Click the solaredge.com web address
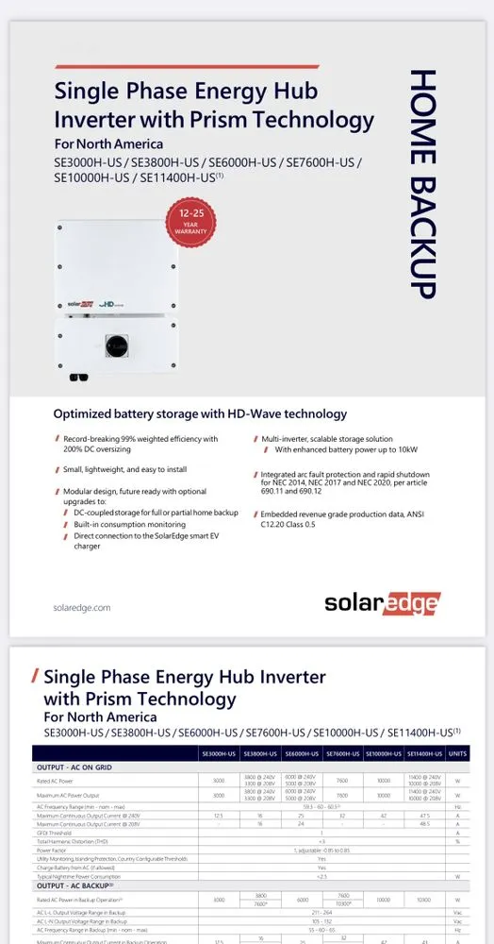82,608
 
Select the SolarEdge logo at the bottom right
383,603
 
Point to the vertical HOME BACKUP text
422,183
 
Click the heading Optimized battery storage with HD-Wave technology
200,413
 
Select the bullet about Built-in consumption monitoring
128,524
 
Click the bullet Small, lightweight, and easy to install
125,469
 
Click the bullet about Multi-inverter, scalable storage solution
327,439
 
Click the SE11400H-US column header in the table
424,753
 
